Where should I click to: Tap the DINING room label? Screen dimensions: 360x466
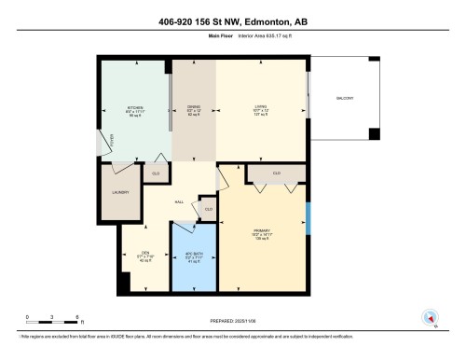194,107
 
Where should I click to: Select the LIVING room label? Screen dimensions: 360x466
261,107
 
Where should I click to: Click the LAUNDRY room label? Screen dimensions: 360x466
118,192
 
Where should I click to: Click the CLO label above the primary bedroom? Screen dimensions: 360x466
277,173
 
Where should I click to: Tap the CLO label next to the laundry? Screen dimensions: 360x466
156,173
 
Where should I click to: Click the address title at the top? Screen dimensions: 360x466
233,22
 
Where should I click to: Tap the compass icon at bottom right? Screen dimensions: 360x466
430,318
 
